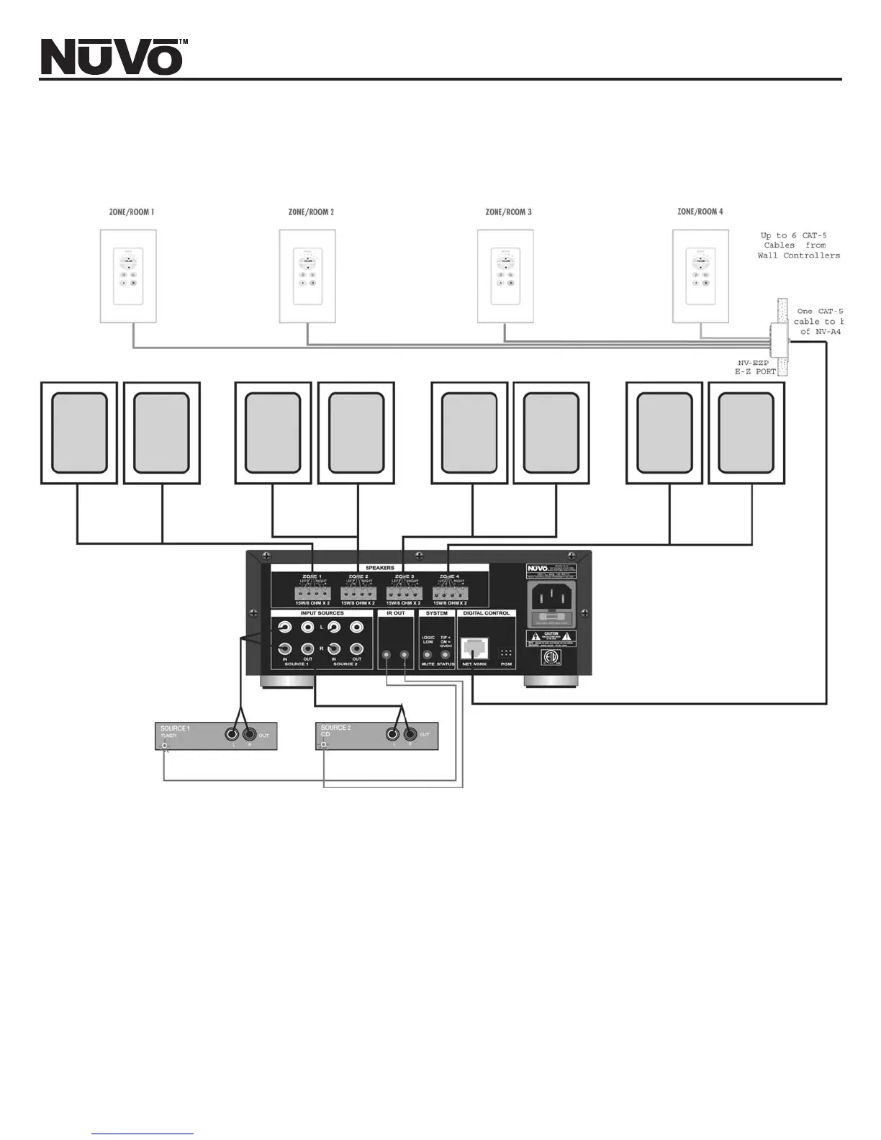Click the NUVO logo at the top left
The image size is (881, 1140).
coord(112,57)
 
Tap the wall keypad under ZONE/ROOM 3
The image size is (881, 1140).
coord(505,276)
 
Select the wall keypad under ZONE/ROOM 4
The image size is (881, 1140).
coord(700,276)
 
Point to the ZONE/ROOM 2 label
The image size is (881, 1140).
coord(311,212)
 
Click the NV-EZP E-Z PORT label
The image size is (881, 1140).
coord(755,367)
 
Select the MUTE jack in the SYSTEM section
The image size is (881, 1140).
coord(428,655)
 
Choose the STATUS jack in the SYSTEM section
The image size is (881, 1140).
coord(445,655)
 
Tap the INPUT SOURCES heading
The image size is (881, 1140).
coord(322,613)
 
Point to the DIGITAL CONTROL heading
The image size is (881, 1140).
coord(487,613)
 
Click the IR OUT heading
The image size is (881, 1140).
coord(395,613)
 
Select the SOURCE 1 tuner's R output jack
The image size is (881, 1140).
coord(250,734)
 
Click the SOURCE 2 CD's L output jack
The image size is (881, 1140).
coord(392,734)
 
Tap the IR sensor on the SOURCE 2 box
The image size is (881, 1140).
coord(324,745)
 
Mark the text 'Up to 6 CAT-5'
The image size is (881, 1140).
coord(793,235)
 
